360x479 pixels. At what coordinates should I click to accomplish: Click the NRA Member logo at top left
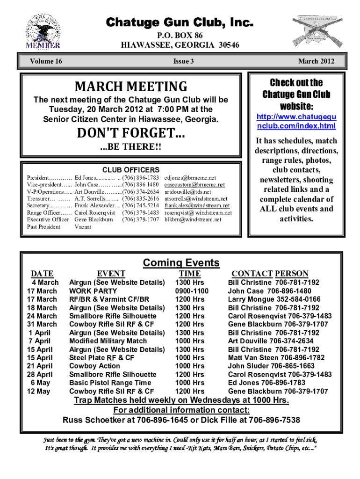tap(43, 31)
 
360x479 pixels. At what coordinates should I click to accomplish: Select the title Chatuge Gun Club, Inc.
tap(180, 22)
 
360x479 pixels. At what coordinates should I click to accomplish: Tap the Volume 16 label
tap(46, 61)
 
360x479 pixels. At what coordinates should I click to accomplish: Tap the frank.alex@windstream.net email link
tap(197, 205)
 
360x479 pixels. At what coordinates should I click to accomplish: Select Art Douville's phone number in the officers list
tap(140, 192)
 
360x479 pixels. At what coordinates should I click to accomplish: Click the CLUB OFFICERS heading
tap(131, 170)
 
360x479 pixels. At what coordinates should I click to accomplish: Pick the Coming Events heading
tap(181, 263)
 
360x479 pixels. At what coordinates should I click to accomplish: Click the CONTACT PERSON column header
tap(270, 274)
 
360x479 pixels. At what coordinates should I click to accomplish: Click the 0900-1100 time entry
tap(192, 291)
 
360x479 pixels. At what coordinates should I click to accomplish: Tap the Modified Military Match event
tap(108, 341)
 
